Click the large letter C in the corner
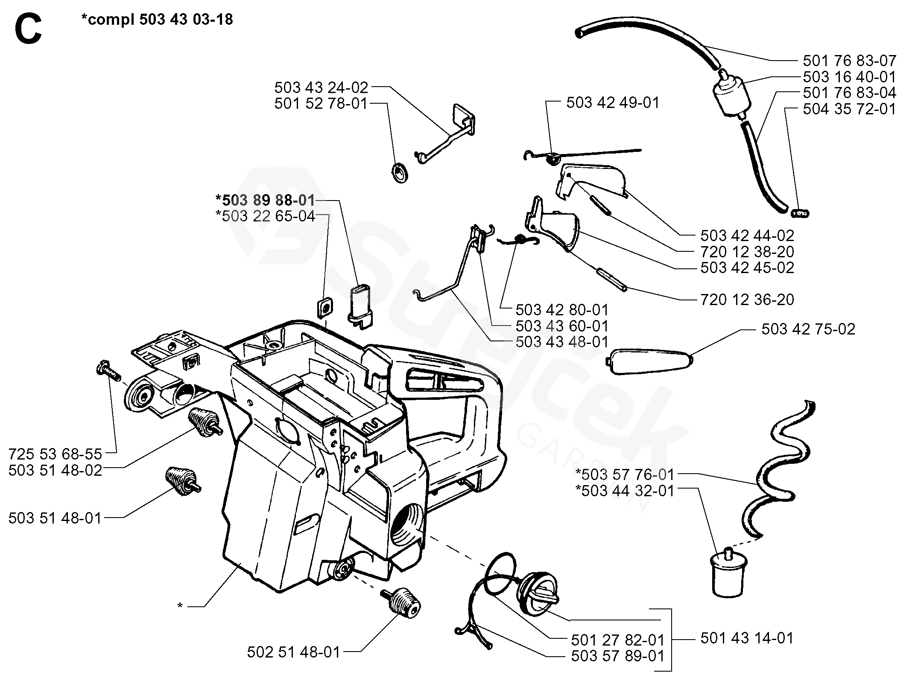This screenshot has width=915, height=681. (x=28, y=29)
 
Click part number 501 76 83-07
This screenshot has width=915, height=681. (x=849, y=61)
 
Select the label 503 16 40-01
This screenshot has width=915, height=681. (x=849, y=77)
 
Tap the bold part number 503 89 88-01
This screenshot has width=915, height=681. (x=266, y=200)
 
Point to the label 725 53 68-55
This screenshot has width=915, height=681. (x=56, y=453)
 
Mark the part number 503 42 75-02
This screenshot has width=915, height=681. (x=808, y=329)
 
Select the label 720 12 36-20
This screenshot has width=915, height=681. (x=747, y=300)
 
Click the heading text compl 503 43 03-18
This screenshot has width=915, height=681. (x=157, y=20)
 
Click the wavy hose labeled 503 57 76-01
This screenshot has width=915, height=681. (x=778, y=469)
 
